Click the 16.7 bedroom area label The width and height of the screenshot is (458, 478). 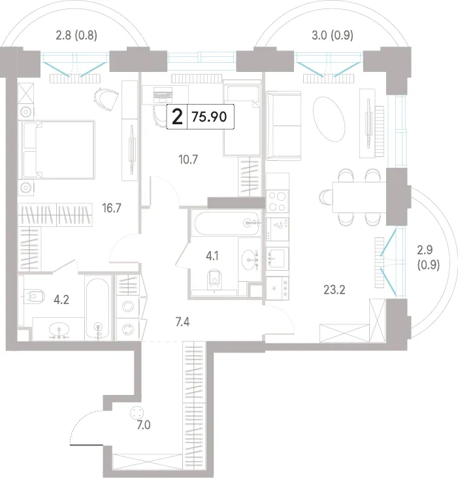coord(112,208)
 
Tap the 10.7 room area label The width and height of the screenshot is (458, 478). coord(188,160)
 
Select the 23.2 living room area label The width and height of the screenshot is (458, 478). coord(335,290)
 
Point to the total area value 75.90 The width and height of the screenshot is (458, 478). coord(209,117)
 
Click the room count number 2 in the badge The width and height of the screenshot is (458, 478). coord(177,117)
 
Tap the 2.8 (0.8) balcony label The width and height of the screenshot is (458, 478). coord(76,35)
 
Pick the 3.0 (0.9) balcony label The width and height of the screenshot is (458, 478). coord(333,35)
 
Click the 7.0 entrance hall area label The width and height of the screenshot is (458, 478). coord(144,425)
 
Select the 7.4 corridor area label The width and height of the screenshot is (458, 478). coord(183,322)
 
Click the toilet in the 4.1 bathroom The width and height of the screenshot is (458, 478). coord(215,279)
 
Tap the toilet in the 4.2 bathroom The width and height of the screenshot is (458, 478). coord(35,296)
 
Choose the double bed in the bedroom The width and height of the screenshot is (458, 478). coord(57,149)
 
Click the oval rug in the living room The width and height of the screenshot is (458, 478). coord(329,119)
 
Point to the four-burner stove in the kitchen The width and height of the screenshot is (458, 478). coord(278,201)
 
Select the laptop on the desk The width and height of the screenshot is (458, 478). coord(163,95)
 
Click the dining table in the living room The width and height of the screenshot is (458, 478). coord(359,197)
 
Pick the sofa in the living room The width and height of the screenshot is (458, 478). coord(284,126)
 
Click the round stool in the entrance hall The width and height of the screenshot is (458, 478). coord(137,413)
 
